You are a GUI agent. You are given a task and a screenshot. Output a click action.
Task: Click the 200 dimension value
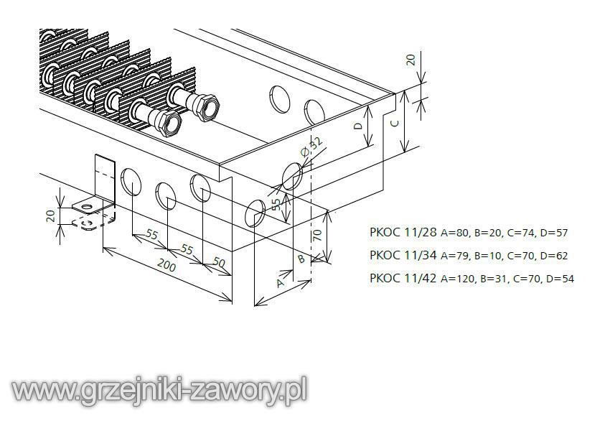[166, 266]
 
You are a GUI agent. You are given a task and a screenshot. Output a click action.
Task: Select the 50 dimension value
[219, 263]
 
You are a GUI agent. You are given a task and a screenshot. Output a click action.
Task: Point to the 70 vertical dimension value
[317, 235]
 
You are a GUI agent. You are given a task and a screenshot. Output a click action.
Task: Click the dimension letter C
[394, 124]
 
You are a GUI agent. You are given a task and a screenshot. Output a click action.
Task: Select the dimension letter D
[358, 126]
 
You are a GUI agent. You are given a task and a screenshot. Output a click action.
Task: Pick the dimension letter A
[280, 283]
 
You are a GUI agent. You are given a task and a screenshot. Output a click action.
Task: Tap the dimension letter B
[301, 258]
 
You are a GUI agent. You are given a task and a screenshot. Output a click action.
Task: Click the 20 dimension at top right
[410, 60]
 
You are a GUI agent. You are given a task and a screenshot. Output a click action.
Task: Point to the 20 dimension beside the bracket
[51, 215]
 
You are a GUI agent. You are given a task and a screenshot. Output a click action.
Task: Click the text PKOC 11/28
[403, 232]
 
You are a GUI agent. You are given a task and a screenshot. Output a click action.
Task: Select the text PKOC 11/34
[403, 255]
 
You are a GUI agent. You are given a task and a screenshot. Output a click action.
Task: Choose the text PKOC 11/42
[403, 278]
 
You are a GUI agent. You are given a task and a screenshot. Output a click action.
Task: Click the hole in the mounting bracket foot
[89, 206]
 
